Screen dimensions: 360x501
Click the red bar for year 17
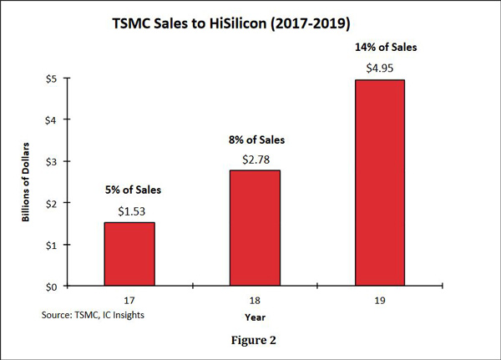(129, 254)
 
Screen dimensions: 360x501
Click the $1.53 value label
(129, 212)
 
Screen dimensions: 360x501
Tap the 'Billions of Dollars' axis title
(28, 182)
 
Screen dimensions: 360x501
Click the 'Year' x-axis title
(256, 317)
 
